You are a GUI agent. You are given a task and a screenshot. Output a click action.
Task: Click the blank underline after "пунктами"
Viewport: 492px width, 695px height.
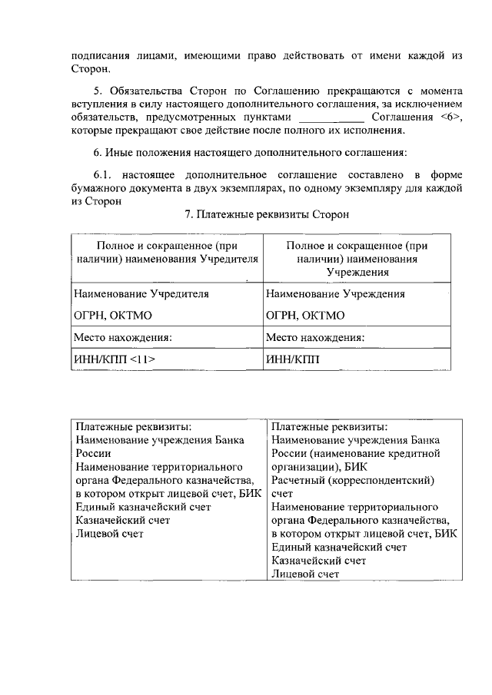[331, 117]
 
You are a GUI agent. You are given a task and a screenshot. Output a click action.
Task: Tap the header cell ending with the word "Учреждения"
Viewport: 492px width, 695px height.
[356, 259]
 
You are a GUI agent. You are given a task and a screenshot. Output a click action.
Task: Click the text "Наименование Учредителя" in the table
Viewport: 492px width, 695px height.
[141, 293]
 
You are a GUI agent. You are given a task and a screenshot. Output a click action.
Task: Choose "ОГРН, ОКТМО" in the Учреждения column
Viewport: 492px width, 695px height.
[305, 315]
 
